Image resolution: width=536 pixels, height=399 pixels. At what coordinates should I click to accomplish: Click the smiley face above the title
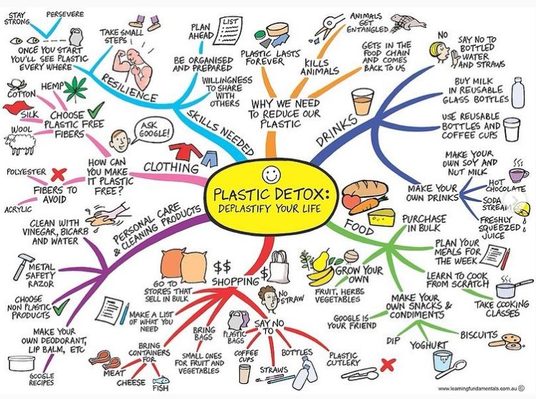click(x=271, y=174)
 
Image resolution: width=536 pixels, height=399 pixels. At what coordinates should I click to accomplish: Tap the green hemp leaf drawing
click(x=75, y=88)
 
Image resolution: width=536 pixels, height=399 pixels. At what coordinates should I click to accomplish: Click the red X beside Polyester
click(x=58, y=175)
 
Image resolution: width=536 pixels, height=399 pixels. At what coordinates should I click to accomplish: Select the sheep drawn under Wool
click(x=19, y=145)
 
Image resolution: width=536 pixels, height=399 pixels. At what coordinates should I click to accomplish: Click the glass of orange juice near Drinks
click(x=363, y=102)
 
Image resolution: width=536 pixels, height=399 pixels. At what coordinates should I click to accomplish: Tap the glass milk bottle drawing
click(x=518, y=93)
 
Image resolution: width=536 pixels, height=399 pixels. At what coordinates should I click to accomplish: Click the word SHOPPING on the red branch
click(x=236, y=281)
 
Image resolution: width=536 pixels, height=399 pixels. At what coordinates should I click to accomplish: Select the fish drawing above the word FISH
click(x=161, y=380)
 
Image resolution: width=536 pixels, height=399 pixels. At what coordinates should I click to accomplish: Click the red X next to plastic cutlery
click(x=387, y=365)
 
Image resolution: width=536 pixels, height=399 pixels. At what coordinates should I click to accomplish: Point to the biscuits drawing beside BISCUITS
click(x=509, y=341)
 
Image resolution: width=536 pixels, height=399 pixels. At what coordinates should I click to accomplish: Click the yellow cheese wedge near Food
click(x=381, y=217)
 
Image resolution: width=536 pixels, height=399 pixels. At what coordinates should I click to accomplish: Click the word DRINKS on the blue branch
click(x=337, y=131)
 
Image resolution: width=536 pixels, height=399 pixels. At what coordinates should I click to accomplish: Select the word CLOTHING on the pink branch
click(x=171, y=167)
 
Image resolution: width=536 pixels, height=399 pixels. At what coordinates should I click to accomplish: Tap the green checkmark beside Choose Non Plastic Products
click(x=61, y=306)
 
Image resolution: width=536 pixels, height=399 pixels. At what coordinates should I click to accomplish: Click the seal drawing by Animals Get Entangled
click(x=408, y=22)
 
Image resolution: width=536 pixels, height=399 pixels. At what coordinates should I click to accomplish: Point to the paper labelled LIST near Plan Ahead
click(x=227, y=31)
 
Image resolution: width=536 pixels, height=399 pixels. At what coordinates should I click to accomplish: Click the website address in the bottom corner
click(x=478, y=388)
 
